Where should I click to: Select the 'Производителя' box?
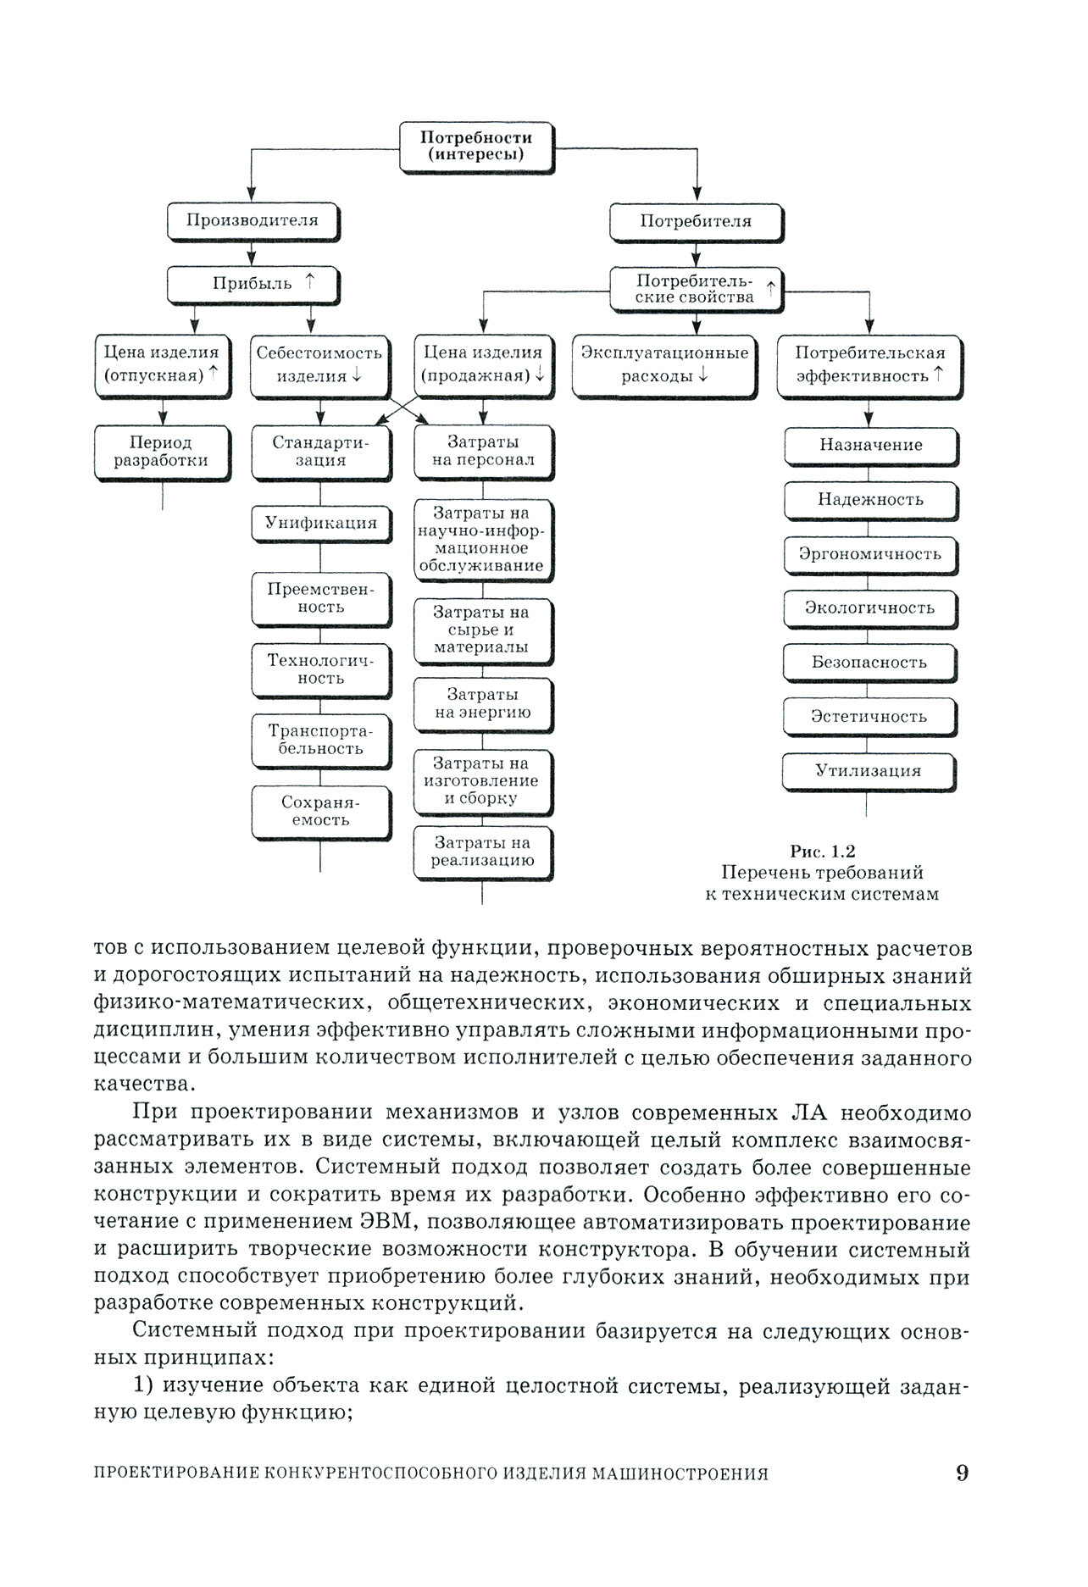click(253, 221)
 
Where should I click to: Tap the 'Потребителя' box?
click(696, 222)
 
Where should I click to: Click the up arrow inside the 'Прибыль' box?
click(309, 282)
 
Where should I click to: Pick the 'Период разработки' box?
click(161, 452)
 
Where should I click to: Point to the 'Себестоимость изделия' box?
click(319, 364)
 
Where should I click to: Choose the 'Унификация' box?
click(321, 523)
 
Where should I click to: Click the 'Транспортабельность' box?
click(321, 739)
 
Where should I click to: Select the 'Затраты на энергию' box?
click(483, 703)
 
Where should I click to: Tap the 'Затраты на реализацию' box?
click(483, 852)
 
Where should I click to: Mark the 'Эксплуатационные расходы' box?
click(664, 364)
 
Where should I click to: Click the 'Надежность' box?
click(870, 499)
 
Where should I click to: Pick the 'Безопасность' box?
click(869, 662)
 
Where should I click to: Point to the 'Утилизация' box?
click(868, 771)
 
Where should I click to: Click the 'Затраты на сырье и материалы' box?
click(483, 630)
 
